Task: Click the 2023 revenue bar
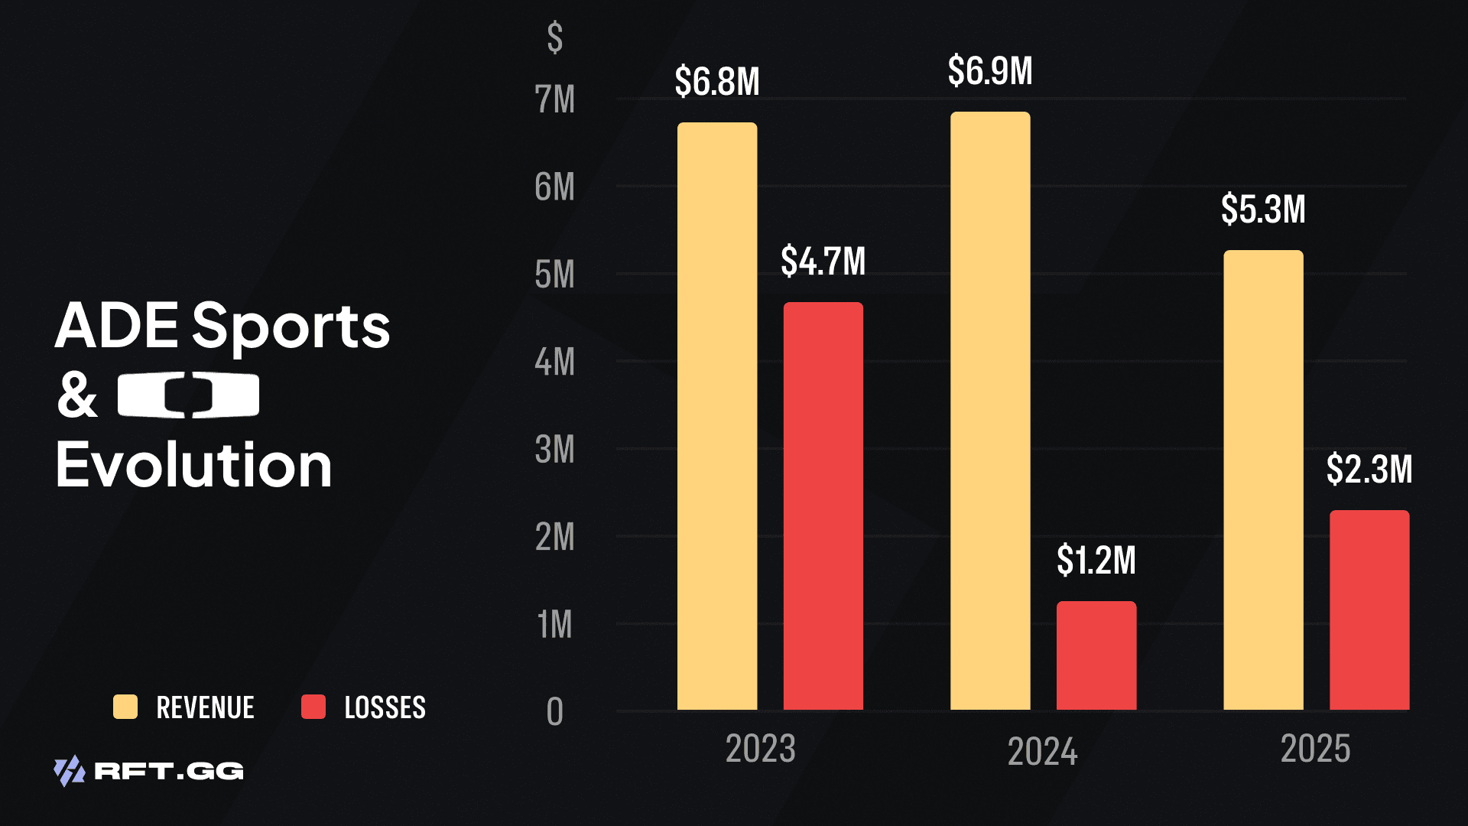717,416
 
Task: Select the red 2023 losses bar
823,506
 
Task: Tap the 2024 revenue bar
990,411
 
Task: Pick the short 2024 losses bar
1096,655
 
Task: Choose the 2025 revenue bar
1263,480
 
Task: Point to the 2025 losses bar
1369,610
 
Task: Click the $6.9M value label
990,71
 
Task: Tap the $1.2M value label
1096,560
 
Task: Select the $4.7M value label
823,261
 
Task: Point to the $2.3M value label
1369,469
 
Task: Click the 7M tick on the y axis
554,99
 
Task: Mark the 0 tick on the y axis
554,712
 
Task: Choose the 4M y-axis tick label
554,362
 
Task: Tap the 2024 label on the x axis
1042,751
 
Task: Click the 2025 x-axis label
1315,748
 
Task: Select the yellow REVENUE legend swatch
125,707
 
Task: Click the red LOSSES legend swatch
313,707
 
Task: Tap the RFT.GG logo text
168,771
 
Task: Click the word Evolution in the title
194,465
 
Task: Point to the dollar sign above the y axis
555,37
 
